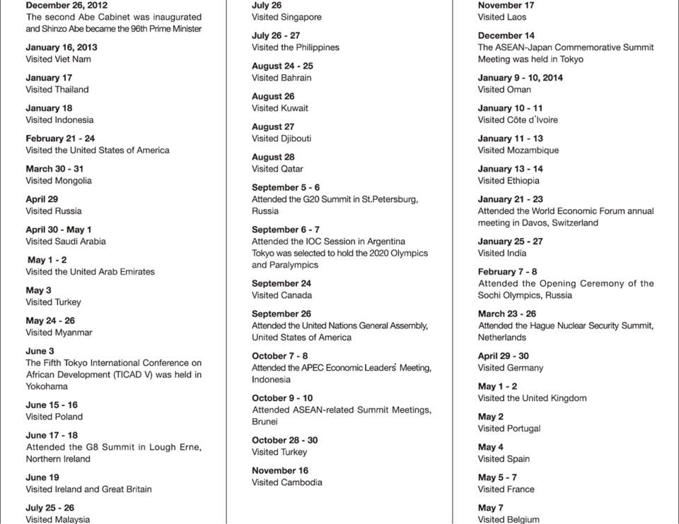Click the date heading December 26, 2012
point(66,5)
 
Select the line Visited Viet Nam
point(58,59)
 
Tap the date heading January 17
point(49,78)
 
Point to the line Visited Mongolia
point(59,181)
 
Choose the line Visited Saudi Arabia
point(66,242)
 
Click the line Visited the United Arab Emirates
point(90,272)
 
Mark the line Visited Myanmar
point(59,333)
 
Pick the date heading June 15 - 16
point(52,405)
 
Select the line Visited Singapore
point(286,17)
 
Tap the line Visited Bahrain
point(282,78)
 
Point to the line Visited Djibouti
point(282,138)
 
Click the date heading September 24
point(282,284)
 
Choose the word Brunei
point(265,422)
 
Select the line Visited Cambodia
point(287,482)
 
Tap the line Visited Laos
point(502,17)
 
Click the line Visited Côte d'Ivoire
point(518,120)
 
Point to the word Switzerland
point(571,223)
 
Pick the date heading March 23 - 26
point(507,314)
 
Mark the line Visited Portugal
point(509,429)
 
